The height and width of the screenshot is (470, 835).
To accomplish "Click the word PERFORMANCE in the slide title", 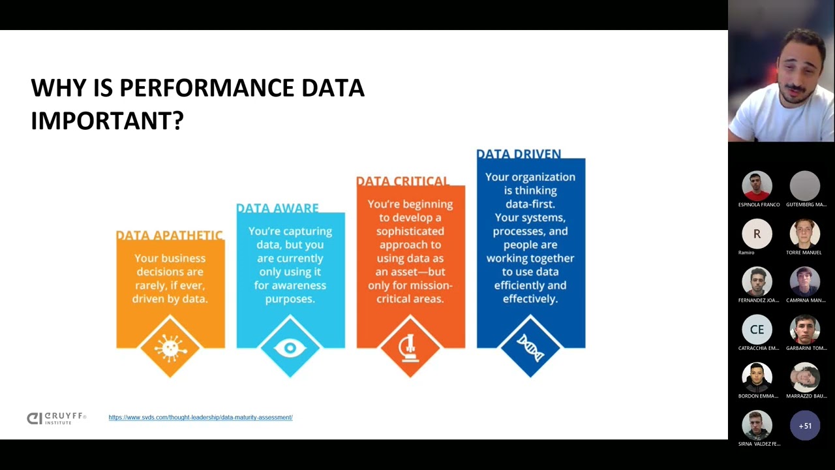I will [x=206, y=88].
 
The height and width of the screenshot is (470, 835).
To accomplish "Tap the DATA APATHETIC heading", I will [x=170, y=235].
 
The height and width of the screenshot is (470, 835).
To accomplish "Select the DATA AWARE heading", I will [x=277, y=208].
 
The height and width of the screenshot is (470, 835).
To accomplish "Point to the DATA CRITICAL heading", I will [x=402, y=181].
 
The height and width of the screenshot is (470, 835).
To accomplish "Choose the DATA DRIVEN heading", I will [x=519, y=154].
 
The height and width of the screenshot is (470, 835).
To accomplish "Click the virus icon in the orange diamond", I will [x=170, y=347].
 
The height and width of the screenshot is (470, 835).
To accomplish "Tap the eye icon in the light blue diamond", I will [x=290, y=348].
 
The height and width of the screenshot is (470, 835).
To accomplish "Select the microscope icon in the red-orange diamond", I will [x=410, y=347].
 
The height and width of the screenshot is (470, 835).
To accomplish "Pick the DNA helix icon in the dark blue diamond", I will [x=530, y=347].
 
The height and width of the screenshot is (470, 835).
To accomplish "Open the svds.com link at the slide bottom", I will [x=200, y=417].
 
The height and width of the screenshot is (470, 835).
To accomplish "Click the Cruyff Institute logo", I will [x=56, y=418].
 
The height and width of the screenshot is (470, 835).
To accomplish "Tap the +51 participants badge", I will [x=805, y=426].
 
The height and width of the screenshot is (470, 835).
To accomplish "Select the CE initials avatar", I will [x=757, y=330].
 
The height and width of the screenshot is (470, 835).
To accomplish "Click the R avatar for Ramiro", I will [x=757, y=234].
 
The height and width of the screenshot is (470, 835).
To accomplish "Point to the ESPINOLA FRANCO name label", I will [x=759, y=204].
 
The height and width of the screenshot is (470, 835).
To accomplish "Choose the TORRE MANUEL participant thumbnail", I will [x=805, y=234].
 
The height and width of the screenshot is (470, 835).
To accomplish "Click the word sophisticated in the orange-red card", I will [x=410, y=231].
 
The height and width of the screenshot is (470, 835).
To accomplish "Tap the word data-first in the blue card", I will [x=530, y=204].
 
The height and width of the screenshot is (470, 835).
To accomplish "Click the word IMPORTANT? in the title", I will [x=107, y=121].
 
